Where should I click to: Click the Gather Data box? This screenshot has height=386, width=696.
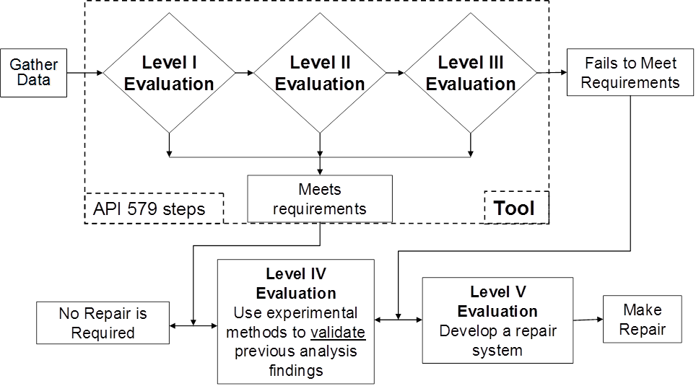pyautogui.click(x=34, y=72)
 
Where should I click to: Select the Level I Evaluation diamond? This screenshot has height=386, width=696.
pyautogui.click(x=169, y=73)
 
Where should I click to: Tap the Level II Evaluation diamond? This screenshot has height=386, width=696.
pyautogui.click(x=320, y=73)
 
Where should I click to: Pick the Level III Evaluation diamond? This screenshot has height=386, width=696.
pyautogui.click(x=471, y=73)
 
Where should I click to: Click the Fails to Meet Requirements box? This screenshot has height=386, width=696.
pyautogui.click(x=630, y=72)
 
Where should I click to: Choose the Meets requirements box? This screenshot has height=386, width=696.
pyautogui.click(x=320, y=198)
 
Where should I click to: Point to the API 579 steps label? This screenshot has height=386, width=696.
pyautogui.click(x=149, y=209)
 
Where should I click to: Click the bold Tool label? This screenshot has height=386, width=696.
pyautogui.click(x=514, y=209)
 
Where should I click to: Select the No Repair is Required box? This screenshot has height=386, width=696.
pyautogui.click(x=103, y=323)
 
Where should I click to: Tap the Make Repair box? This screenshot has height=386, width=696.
pyautogui.click(x=642, y=319)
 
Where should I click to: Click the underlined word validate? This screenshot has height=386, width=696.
pyautogui.click(x=338, y=333)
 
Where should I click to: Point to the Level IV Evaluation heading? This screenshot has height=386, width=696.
pyautogui.click(x=296, y=284)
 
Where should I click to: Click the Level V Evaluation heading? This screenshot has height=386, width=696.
pyautogui.click(x=497, y=302)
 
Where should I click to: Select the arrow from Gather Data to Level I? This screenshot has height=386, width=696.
pyautogui.click(x=85, y=73)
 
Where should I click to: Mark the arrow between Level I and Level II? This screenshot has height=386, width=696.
pyautogui.click(x=244, y=73)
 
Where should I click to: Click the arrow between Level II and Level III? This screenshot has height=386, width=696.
pyautogui.click(x=394, y=73)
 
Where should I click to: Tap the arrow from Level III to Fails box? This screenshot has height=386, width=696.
pyautogui.click(x=552, y=73)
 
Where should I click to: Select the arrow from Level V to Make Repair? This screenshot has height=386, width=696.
pyautogui.click(x=588, y=320)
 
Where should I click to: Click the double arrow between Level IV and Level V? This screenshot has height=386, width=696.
pyautogui.click(x=399, y=320)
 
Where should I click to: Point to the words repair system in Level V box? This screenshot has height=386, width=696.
pyautogui.click(x=498, y=341)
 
